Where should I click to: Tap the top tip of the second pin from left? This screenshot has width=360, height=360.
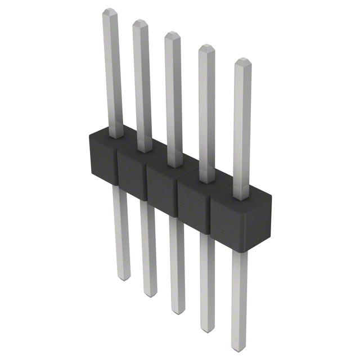tap(139, 23)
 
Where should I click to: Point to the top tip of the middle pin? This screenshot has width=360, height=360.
tap(172, 35)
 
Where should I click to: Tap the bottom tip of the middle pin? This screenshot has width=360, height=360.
tap(177, 310)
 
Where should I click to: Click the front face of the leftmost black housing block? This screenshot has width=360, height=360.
tap(102, 160)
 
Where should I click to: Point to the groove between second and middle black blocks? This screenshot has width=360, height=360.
tap(146, 183)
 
